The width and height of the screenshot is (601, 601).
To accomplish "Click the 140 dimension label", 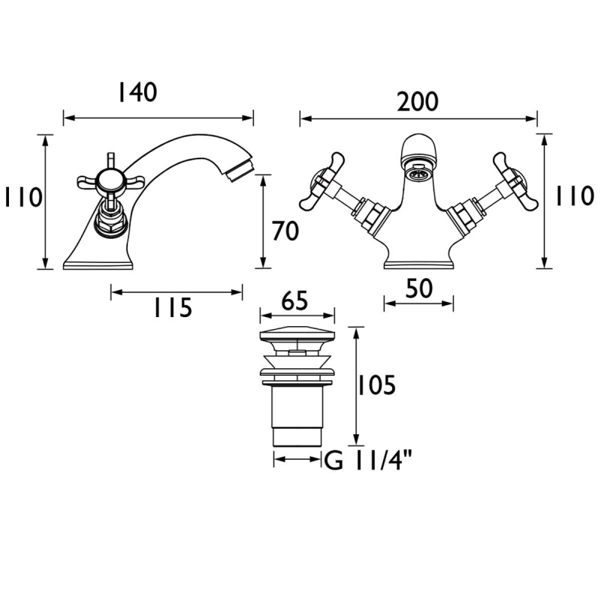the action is coord(138,92).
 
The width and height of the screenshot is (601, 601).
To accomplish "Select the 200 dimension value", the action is coord(418,102).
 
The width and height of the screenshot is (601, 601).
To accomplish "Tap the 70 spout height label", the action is coord(285,231).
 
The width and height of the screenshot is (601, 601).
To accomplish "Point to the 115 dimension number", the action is coord(173,307).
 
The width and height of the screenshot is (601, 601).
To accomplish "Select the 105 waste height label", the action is coord(376,385).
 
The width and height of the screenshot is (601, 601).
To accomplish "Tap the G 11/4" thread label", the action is coord(368,460).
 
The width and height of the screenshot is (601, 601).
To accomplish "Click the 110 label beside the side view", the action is coord(23,198).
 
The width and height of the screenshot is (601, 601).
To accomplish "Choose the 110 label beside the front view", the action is coord(575,196).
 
